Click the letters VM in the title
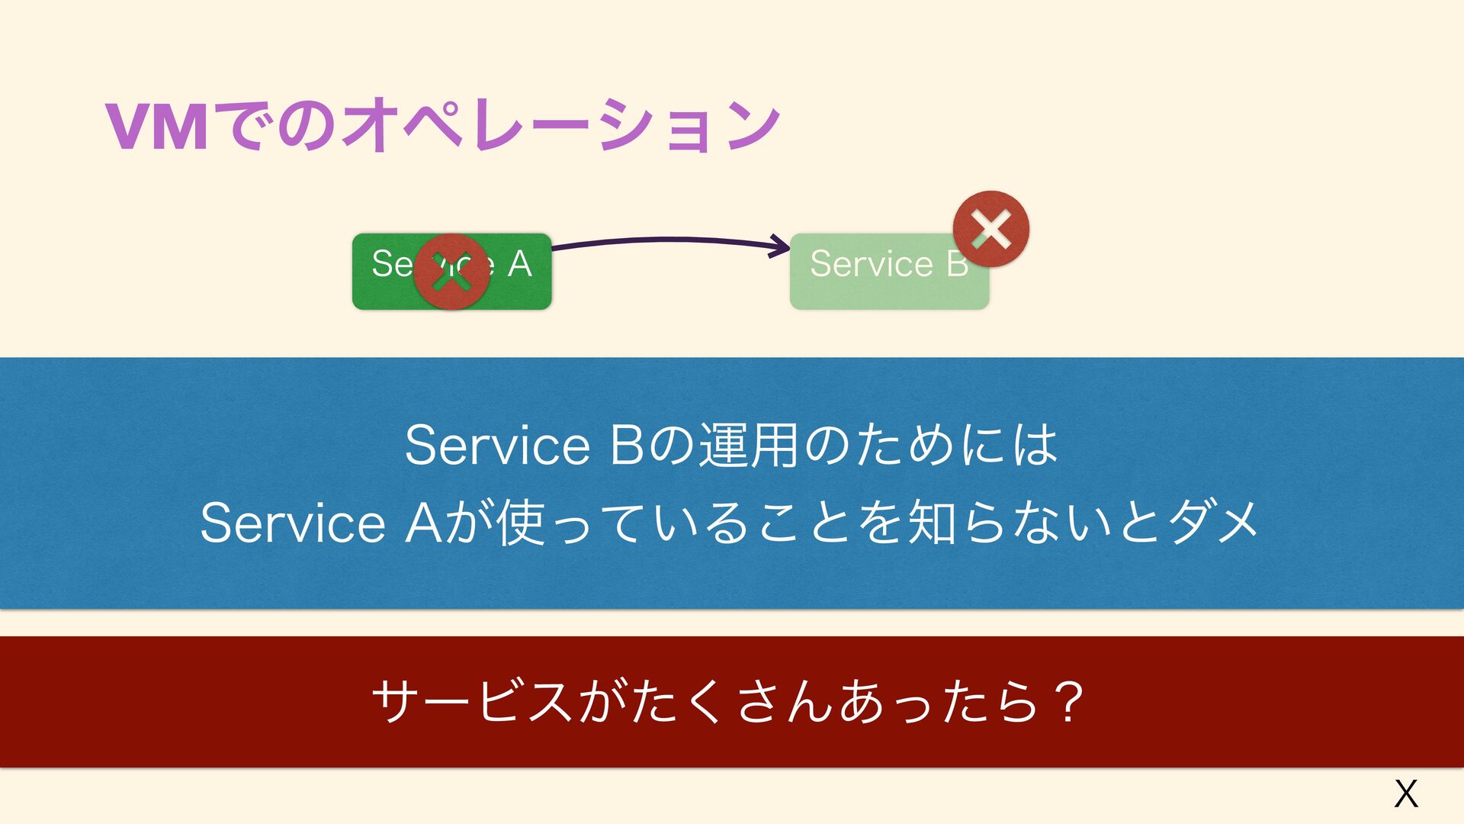[x=156, y=127]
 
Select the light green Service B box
[x=877, y=290]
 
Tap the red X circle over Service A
[x=451, y=272]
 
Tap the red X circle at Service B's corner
[x=990, y=229]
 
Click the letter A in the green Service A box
[x=519, y=264]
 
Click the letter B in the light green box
[x=957, y=264]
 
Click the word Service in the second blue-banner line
[x=293, y=523]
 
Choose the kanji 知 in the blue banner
[x=932, y=523]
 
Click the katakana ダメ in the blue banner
[x=1212, y=523]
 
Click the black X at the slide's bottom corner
[x=1405, y=793]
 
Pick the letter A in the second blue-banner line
[x=422, y=523]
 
